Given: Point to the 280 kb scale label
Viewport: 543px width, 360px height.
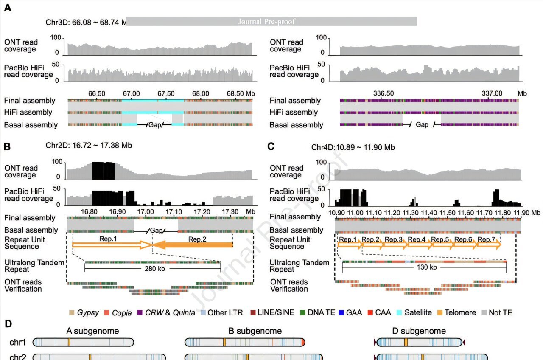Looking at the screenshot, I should (152, 268).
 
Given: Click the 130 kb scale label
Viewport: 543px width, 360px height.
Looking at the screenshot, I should (424, 267).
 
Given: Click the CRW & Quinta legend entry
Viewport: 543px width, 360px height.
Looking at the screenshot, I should (166, 313).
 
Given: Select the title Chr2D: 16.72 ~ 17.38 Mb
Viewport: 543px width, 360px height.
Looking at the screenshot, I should (89, 145).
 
